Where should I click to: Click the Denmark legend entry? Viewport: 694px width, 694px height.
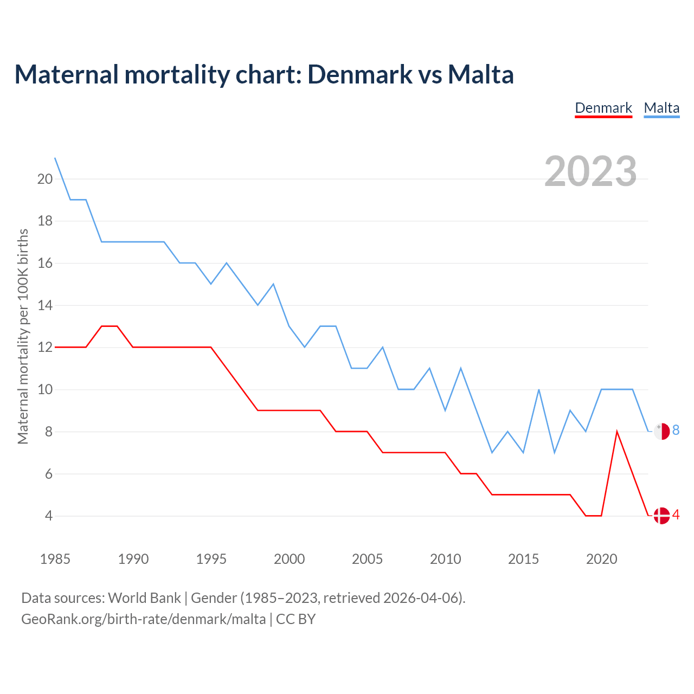point(603,108)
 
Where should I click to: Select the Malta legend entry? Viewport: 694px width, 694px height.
point(661,108)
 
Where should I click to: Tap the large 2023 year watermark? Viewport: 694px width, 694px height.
point(590,171)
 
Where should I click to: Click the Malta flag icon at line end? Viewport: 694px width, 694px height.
point(661,431)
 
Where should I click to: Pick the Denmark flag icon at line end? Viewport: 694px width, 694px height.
point(661,516)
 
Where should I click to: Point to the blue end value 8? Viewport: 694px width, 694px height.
point(676,430)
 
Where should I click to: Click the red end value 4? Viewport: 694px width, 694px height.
point(676,515)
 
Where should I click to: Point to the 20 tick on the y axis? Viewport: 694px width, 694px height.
point(45,179)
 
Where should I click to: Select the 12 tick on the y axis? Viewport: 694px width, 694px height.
point(45,347)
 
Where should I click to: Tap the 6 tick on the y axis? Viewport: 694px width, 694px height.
point(49,474)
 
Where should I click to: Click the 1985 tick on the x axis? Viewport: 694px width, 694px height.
point(55,559)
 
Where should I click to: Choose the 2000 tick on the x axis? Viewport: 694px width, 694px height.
point(289,559)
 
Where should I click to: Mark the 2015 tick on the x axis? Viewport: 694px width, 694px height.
point(523,559)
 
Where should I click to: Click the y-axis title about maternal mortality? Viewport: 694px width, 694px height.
point(23,336)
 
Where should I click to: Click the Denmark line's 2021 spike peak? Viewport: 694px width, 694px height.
point(617,432)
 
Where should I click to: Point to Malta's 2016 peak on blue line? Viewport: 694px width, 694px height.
point(539,390)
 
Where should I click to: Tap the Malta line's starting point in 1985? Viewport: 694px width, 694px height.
point(55,158)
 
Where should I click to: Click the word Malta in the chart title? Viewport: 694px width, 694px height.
point(480,74)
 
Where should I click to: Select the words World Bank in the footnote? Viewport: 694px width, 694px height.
point(144,598)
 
